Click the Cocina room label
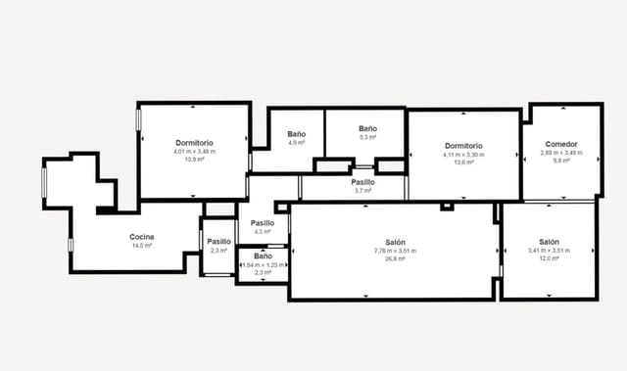[141, 237]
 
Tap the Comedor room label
[560, 144]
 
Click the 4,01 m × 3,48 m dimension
[194, 152]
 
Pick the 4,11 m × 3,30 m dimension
[463, 154]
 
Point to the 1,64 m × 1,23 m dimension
[263, 264]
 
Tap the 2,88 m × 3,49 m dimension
[560, 153]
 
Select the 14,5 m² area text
[141, 246]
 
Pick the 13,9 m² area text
[194, 160]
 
